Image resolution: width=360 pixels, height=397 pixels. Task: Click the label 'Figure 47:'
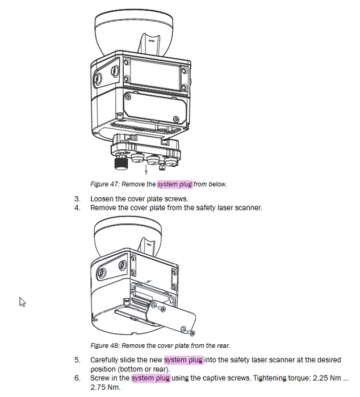104,184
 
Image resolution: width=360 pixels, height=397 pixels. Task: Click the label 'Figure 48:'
104,345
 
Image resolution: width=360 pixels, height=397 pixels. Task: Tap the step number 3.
77,199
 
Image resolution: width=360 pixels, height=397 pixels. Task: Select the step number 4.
77,208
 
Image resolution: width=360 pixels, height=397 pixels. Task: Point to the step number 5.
77,360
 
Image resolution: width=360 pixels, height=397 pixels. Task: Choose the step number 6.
77,378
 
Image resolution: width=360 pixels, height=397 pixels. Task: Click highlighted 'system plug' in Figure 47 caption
175,184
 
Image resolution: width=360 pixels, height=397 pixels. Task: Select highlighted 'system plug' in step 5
183,360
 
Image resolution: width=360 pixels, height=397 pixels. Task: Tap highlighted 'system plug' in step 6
150,378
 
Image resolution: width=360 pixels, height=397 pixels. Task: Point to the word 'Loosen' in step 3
102,199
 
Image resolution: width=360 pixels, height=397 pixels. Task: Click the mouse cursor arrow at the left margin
23,302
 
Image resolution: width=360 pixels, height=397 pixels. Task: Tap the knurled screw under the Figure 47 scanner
120,164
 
